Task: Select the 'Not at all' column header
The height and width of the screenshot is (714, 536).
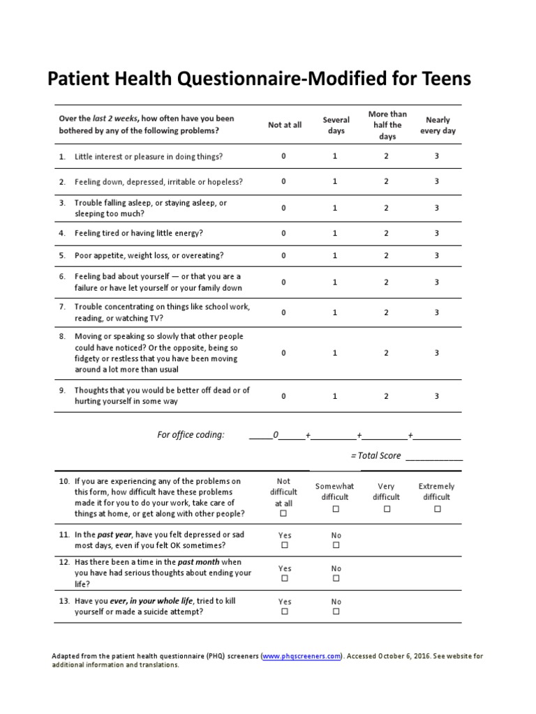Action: [x=285, y=125]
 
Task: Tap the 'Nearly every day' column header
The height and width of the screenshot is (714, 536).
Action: [x=438, y=125]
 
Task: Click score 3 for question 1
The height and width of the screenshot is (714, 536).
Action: [x=437, y=156]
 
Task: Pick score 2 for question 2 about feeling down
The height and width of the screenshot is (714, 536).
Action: [x=386, y=181]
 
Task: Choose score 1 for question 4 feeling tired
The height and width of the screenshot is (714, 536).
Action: [x=335, y=233]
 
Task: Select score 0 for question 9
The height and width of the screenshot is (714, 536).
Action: [x=283, y=396]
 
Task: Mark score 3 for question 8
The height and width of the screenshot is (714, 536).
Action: [x=437, y=353]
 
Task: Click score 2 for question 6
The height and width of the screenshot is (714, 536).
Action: [x=386, y=282]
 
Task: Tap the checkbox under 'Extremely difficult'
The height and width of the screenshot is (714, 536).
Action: [x=438, y=509]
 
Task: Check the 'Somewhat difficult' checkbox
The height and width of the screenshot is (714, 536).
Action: [x=336, y=509]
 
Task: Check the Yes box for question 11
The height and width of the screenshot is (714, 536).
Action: [x=284, y=545]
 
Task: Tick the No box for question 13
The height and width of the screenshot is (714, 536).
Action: [x=336, y=612]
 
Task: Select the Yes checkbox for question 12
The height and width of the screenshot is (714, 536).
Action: [x=284, y=579]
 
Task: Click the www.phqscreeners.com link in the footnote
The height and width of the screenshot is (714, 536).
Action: [x=302, y=656]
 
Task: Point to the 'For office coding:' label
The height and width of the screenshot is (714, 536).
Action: [x=191, y=435]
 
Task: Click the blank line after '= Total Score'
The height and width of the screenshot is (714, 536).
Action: [x=433, y=456]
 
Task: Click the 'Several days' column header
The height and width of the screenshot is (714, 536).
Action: [x=336, y=125]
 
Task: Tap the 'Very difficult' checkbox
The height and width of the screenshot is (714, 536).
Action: [x=387, y=509]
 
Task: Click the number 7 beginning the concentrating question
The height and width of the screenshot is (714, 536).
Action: [x=61, y=307]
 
